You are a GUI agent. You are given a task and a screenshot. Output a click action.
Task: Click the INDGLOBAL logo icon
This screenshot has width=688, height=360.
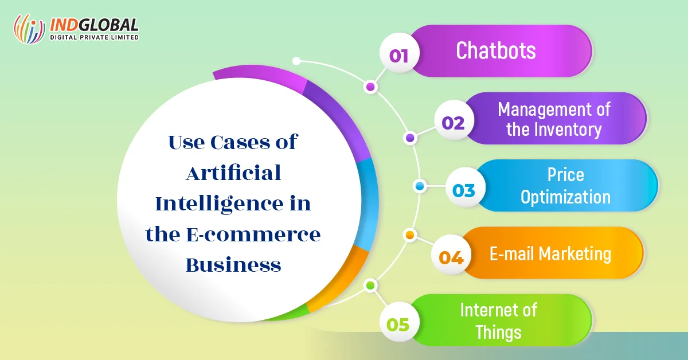(x=29, y=29)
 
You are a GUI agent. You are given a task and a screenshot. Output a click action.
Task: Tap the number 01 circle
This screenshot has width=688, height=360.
(x=399, y=53)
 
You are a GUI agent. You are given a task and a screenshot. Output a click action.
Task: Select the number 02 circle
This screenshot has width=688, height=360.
(x=454, y=120)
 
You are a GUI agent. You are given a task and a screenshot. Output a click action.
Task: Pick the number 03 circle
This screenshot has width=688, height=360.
(x=465, y=187)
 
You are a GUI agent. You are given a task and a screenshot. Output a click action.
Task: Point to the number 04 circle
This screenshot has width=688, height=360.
(x=451, y=255)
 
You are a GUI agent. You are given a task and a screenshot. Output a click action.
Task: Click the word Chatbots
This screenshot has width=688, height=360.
(x=496, y=50)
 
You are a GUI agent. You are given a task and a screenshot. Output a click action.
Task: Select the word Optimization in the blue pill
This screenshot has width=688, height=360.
(x=565, y=197)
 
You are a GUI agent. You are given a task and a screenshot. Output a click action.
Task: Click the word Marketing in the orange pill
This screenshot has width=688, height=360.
(x=574, y=255)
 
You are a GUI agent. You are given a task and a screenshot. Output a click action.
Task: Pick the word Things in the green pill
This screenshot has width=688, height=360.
(x=498, y=332)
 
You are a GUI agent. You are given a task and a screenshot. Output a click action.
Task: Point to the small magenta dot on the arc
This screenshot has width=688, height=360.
(x=370, y=87)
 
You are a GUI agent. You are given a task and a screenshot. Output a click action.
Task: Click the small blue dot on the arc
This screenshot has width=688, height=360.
(x=420, y=186)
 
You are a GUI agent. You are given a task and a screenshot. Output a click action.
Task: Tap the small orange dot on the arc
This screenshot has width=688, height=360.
(x=410, y=235)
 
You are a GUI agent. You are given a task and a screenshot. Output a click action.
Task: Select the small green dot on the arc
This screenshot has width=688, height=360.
(x=370, y=285)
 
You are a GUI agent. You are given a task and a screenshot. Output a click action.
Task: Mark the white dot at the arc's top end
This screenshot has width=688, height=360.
(x=296, y=61)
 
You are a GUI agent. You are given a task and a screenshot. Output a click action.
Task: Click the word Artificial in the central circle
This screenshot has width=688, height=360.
(x=233, y=173)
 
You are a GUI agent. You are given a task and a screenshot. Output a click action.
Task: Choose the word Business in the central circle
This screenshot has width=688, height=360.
(x=233, y=265)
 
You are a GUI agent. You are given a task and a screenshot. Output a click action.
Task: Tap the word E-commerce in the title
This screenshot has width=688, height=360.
(x=253, y=234)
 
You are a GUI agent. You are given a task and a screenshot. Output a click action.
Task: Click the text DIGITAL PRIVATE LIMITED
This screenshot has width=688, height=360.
(x=94, y=37)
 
